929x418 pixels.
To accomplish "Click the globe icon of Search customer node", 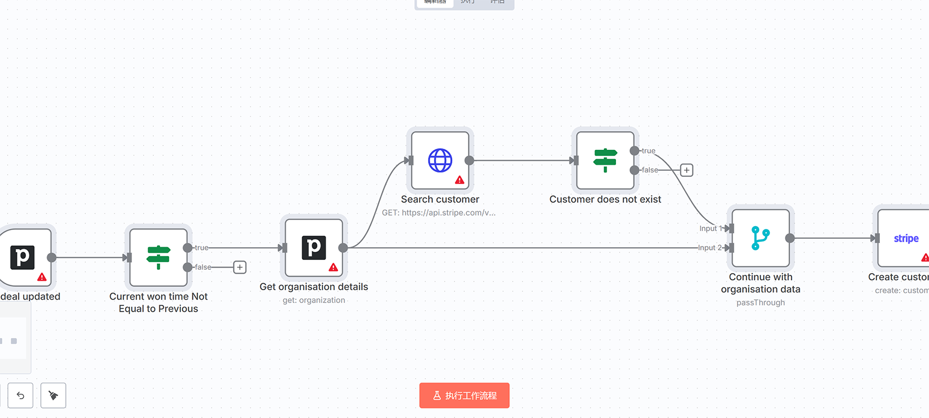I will (440, 160).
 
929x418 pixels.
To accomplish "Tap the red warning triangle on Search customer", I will (460, 180).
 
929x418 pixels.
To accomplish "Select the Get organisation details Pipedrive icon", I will (314, 248).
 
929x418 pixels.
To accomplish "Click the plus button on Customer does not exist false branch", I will (686, 170).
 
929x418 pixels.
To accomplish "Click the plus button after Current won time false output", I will (239, 267).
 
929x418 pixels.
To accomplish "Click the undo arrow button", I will (20, 395).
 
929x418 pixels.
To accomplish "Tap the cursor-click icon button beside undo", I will (53, 395).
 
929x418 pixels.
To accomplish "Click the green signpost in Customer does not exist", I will (605, 160).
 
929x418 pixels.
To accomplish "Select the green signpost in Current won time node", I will (158, 257).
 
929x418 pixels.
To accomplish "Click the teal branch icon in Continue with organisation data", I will (760, 238).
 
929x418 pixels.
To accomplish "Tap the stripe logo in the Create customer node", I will (906, 238).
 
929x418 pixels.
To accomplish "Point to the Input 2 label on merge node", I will (709, 248).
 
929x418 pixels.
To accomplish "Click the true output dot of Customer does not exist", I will (634, 151).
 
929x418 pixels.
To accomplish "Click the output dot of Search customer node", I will (469, 160).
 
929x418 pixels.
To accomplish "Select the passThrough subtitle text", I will (760, 302).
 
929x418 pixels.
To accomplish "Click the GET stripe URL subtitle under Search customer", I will (439, 212).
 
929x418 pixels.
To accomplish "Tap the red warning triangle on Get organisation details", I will (333, 267).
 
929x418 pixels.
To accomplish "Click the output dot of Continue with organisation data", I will (790, 238).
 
